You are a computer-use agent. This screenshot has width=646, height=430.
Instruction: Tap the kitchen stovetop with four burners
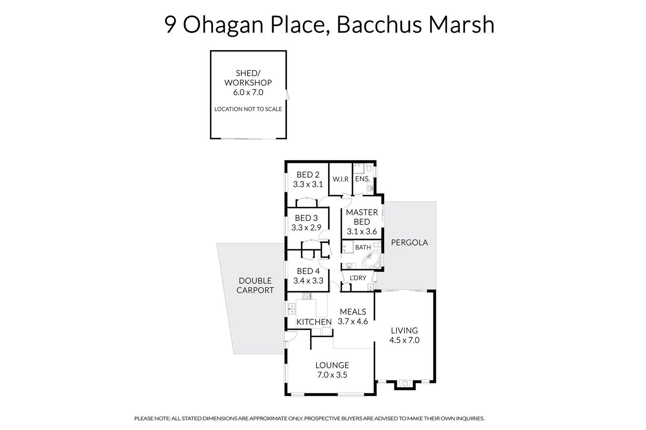click(x=307, y=296)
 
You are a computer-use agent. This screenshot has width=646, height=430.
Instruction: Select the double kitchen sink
click(x=292, y=309)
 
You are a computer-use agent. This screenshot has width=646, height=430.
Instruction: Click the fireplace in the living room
click(x=405, y=384)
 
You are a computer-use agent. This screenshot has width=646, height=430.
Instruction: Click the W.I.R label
click(x=341, y=179)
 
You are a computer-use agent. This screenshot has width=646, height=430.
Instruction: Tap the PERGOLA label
click(x=409, y=242)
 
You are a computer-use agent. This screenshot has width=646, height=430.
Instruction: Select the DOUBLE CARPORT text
click(x=255, y=285)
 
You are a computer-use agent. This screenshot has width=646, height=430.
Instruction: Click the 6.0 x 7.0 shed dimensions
click(x=248, y=92)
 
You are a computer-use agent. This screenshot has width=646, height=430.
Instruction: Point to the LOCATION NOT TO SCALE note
click(x=248, y=109)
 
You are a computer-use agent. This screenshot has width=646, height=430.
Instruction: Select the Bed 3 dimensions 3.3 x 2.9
click(x=306, y=228)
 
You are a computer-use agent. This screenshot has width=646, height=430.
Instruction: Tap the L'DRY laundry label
click(x=357, y=278)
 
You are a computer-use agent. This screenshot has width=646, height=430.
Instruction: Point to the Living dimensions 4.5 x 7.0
click(x=404, y=340)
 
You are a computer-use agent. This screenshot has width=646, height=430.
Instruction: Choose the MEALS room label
click(x=353, y=312)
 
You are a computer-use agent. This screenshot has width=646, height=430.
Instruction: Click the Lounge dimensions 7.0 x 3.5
click(x=332, y=375)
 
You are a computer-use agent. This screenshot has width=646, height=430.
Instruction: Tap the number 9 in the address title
click(x=171, y=25)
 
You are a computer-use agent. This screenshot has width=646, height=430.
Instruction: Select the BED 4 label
click(x=308, y=271)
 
